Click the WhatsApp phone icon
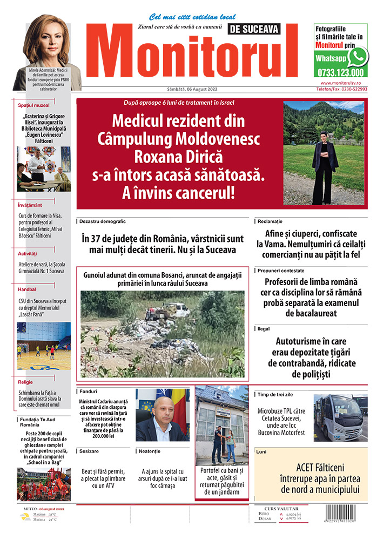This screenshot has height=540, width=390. (x=358, y=56)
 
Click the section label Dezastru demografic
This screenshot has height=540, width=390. (x=103, y=221)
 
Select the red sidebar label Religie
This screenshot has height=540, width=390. (x=25, y=382)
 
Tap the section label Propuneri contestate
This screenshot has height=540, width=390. (x=281, y=270)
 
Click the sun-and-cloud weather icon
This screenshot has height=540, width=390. (x=25, y=517)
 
